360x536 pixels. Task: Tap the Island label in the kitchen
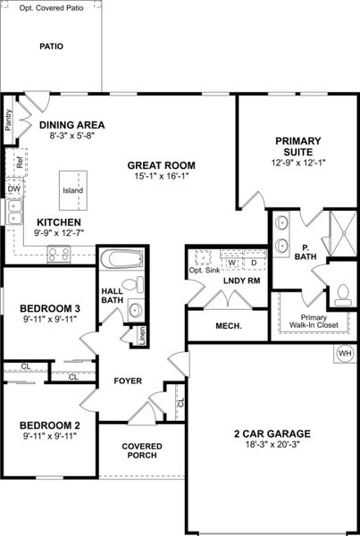click(72, 191)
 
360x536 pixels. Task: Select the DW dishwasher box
click(13, 189)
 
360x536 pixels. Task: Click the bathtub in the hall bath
click(121, 261)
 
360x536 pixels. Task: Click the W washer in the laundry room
click(231, 264)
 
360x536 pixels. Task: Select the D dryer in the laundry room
click(253, 264)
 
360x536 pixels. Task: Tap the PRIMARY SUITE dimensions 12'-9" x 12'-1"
click(297, 163)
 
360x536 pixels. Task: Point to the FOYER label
click(128, 381)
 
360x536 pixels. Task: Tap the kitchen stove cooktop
click(60, 255)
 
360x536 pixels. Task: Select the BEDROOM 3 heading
click(50, 309)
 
